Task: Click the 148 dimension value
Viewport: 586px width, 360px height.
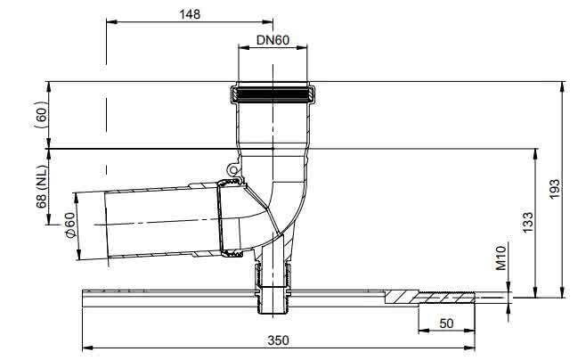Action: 190,14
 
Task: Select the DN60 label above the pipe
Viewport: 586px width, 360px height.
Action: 273,39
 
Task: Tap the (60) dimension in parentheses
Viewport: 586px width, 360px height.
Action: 41,114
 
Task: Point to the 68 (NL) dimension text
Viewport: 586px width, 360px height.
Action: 41,187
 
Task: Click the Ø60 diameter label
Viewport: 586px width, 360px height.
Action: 69,225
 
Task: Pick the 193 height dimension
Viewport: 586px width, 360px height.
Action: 555,189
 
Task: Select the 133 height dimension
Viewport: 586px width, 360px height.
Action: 528,223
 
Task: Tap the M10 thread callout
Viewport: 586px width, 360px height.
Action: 501,258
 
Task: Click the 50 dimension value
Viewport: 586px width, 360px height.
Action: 446,323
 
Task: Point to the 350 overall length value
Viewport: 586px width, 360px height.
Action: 279,340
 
